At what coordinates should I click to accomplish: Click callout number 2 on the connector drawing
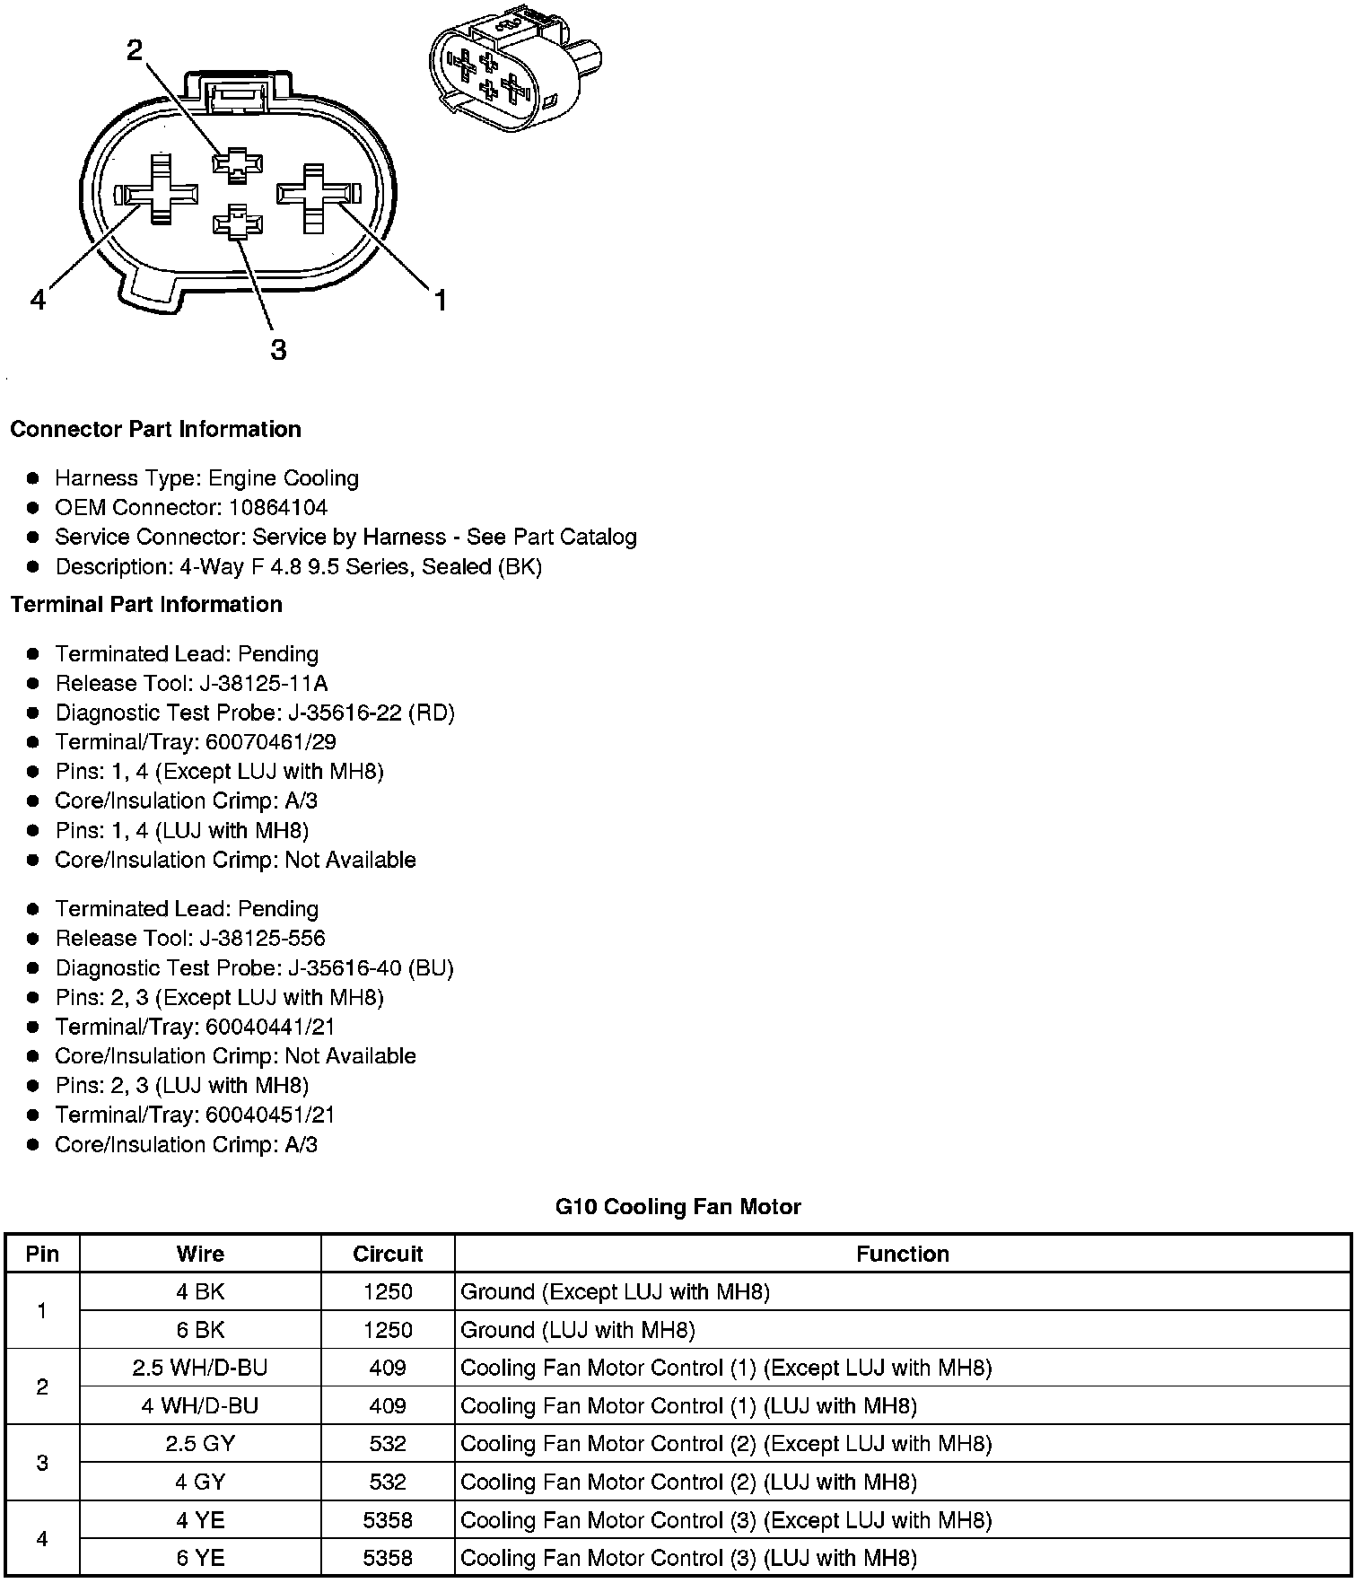click(x=135, y=50)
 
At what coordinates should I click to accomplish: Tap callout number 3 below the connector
click(x=278, y=349)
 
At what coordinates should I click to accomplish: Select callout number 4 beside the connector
click(x=38, y=299)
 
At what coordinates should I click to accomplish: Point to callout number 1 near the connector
click(x=440, y=301)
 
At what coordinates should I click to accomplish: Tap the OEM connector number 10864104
click(x=278, y=508)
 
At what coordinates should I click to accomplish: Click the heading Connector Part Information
click(x=155, y=429)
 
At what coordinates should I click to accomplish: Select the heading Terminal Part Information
click(x=146, y=604)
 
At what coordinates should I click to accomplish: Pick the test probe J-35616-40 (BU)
click(x=371, y=968)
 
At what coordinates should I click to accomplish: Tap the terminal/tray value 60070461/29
click(x=271, y=742)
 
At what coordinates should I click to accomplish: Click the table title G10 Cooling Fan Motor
click(x=678, y=1207)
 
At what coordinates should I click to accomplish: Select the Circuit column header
click(x=388, y=1254)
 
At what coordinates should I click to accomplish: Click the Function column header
click(x=902, y=1254)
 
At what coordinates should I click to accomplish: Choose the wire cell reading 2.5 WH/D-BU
click(x=200, y=1368)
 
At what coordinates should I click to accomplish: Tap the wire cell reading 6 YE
click(x=200, y=1557)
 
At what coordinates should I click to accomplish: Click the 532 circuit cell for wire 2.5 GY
click(x=388, y=1443)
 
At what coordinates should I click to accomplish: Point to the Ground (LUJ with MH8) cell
click(x=578, y=1329)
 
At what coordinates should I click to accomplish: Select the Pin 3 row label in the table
click(x=42, y=1463)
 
